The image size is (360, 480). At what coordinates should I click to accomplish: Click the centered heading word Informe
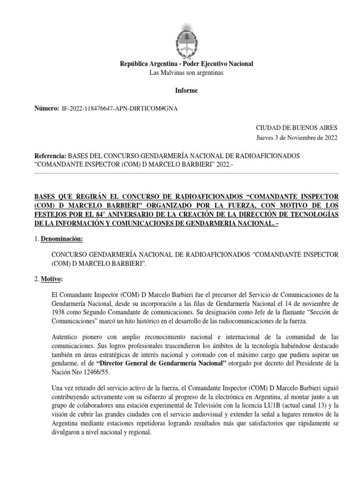187,90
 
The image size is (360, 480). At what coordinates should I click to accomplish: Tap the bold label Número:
47,109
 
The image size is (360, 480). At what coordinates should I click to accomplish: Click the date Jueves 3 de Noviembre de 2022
296,138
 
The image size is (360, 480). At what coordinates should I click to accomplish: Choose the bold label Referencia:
51,156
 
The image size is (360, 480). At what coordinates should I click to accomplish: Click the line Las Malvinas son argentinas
187,73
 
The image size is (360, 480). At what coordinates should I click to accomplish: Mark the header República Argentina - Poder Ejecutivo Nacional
187,64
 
